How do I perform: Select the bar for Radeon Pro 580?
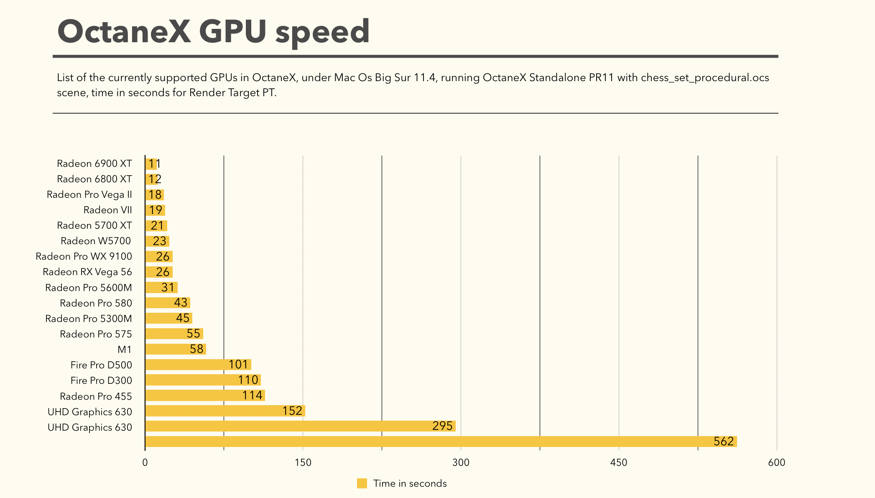coord(168,303)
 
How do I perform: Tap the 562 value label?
coord(724,442)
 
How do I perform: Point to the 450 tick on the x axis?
coord(619,462)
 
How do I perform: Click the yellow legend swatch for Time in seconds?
coord(362,483)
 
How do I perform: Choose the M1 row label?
coord(125,350)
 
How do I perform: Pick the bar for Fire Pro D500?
coord(198,365)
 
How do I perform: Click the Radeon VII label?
coord(108,210)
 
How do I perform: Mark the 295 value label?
coord(442,426)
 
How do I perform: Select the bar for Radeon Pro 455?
coord(205,396)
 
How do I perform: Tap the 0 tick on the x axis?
coord(145,462)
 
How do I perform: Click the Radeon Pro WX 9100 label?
coord(84,256)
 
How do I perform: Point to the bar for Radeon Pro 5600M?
coord(161,288)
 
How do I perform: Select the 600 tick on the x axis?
coord(777,462)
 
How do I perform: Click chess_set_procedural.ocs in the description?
coord(705,78)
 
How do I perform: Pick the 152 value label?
coord(292,411)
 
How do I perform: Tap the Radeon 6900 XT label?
coord(94,163)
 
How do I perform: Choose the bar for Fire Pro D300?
coord(203,380)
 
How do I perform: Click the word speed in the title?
coord(322,32)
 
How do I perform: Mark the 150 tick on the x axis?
coord(303,462)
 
